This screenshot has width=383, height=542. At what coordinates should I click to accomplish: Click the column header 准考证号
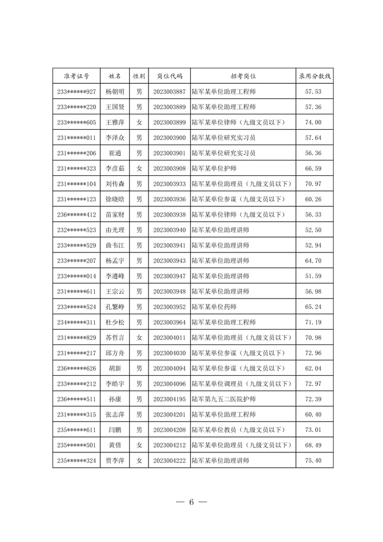(x=77, y=76)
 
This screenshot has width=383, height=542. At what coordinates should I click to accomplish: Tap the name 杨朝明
(x=115, y=92)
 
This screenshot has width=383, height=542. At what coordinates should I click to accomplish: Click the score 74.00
(x=313, y=123)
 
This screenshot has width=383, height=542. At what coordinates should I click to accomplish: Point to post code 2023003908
(x=169, y=169)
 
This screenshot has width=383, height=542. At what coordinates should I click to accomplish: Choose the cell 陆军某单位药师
(x=214, y=307)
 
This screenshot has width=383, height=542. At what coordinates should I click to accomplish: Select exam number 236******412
(x=77, y=215)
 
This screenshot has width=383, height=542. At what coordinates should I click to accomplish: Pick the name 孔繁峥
(x=115, y=307)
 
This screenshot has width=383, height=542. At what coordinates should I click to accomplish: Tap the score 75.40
(x=313, y=461)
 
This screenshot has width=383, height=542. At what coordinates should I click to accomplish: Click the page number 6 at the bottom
(x=191, y=502)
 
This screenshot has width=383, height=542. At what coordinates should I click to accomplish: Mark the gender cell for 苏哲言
(x=139, y=338)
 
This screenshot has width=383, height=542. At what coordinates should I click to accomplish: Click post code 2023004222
(x=169, y=461)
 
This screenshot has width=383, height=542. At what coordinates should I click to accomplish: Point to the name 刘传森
(x=115, y=184)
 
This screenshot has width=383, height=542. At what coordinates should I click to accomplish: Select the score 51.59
(x=313, y=276)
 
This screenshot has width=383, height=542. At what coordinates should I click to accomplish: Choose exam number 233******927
(x=77, y=92)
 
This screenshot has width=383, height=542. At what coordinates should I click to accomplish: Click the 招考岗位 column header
(x=243, y=76)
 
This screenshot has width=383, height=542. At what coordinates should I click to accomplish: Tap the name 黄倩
(x=115, y=445)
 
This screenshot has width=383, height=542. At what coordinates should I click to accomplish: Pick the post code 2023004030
(x=169, y=353)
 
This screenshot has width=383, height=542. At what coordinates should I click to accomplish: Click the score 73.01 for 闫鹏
(x=313, y=430)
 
